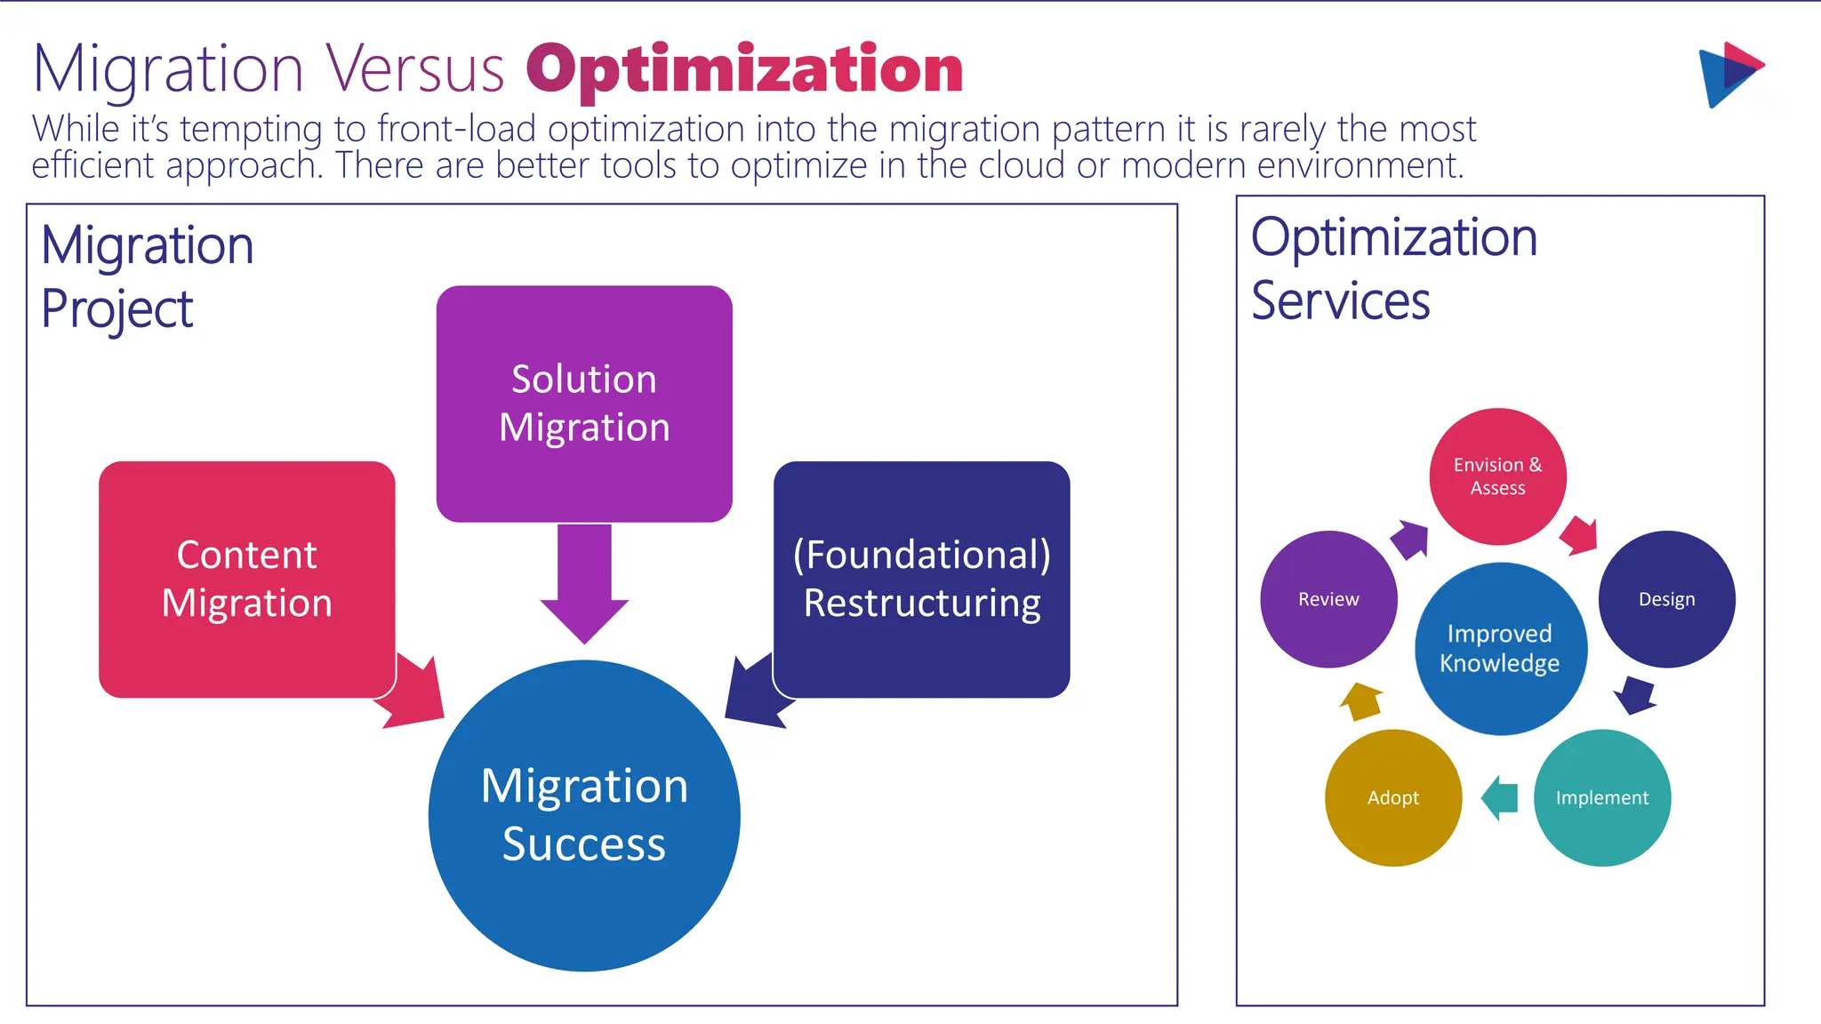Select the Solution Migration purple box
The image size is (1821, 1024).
[x=584, y=403]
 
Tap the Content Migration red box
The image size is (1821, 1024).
[x=246, y=579]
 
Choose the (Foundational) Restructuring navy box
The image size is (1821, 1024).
[x=921, y=579]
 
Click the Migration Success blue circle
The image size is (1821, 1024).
[x=584, y=815]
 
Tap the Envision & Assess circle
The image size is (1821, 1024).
[x=1497, y=476]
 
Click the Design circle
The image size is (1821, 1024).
[x=1666, y=599]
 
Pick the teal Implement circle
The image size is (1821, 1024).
[x=1601, y=797]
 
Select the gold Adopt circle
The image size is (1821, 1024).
[x=1392, y=797]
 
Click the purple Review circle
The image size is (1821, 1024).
[x=1328, y=599]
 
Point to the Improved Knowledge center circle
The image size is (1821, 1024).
[x=1500, y=648]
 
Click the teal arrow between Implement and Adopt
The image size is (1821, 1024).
[x=1500, y=797]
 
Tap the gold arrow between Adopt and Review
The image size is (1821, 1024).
[x=1361, y=701]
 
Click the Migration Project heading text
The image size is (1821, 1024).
[x=147, y=276]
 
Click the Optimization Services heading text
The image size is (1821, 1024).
[x=1393, y=268]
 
